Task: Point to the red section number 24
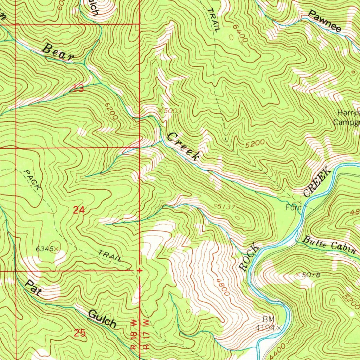coord(79,210)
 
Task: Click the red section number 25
coord(80,333)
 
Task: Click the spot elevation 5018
coord(310,275)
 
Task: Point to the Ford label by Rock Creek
coord(293,207)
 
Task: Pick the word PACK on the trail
coord(33,180)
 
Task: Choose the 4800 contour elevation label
coord(223,287)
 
